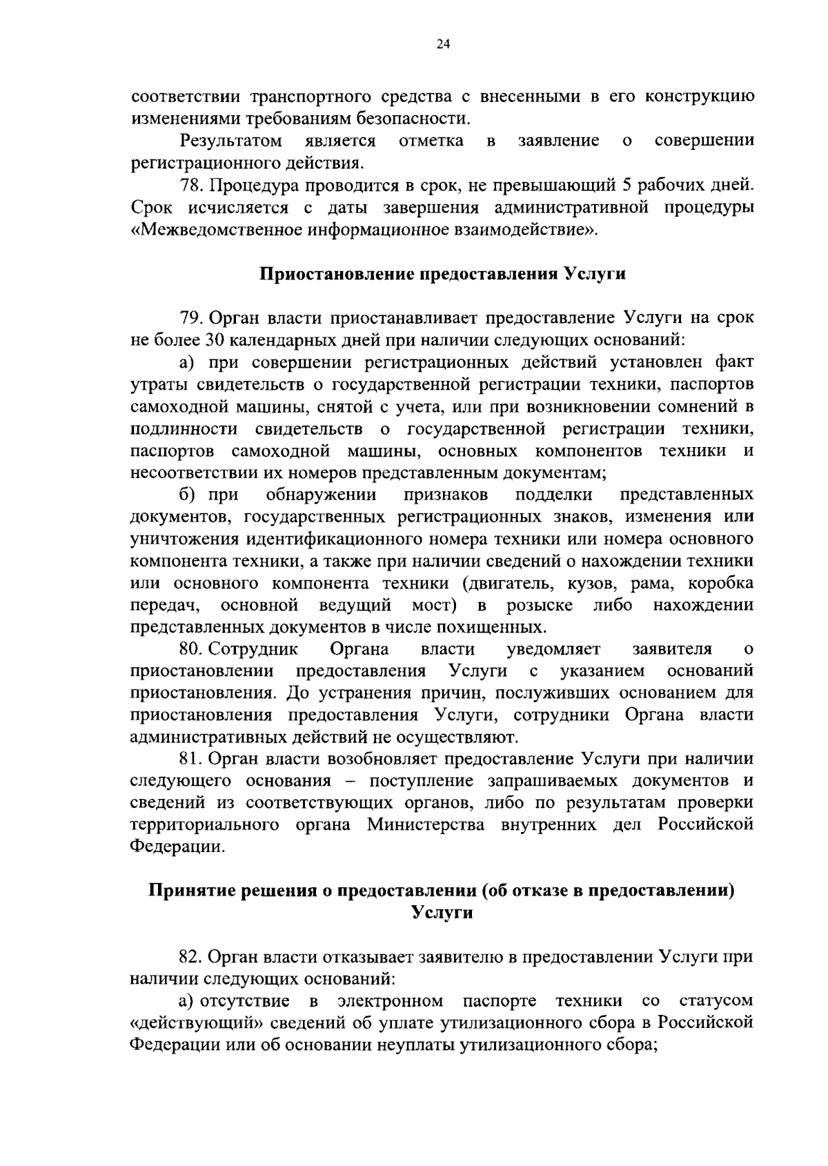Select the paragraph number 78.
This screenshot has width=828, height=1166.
pos(192,186)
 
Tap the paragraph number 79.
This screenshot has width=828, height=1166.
pos(192,318)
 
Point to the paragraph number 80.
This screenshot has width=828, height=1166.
pos(191,649)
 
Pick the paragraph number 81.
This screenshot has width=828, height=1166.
pos(191,760)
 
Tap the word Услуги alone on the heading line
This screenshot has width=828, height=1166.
pos(442,912)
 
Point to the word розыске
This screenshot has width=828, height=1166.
pos(540,605)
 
